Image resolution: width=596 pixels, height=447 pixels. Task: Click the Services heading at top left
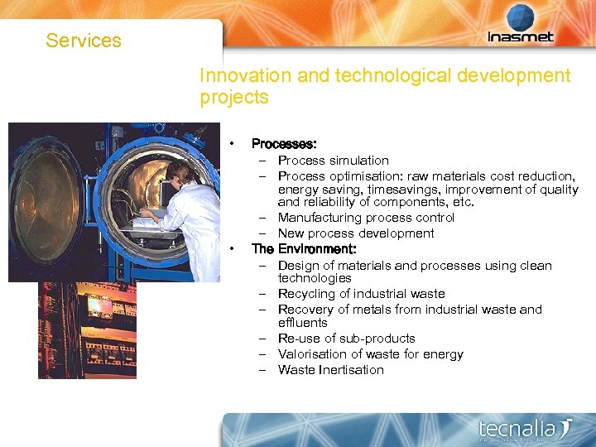coord(84,41)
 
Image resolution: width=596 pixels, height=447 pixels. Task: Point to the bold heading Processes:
coord(284,143)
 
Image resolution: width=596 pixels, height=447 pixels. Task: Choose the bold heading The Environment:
coord(304,248)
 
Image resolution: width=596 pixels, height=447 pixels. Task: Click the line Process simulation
coord(333,161)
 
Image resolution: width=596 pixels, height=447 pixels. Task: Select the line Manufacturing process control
coord(366,218)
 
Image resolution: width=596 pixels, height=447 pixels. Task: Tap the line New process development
coord(356,233)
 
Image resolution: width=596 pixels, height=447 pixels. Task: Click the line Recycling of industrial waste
coord(361,294)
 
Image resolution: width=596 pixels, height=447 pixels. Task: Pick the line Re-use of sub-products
coord(346,339)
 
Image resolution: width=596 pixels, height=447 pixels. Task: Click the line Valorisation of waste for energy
coord(370,354)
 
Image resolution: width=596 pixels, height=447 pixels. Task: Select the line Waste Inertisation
coord(330,370)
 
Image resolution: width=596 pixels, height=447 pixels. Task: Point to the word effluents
coord(302,323)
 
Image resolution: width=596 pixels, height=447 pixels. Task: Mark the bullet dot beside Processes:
coord(235,143)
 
